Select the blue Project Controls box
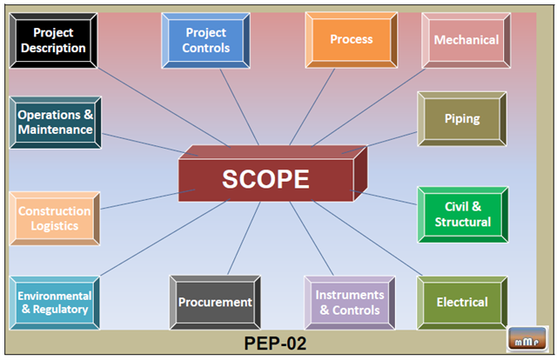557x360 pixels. (x=205, y=40)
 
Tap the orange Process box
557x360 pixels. (x=351, y=40)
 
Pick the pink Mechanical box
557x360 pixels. (x=466, y=40)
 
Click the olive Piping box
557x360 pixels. (x=461, y=118)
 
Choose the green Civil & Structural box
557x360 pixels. (x=461, y=214)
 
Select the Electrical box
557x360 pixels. (x=461, y=303)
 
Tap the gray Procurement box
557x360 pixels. (x=215, y=303)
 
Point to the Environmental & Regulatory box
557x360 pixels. (x=53, y=303)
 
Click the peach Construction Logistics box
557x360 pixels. (x=54, y=218)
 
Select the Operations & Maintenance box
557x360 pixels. (x=55, y=123)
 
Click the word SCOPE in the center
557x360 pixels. (x=265, y=179)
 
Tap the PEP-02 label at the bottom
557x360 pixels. (x=274, y=343)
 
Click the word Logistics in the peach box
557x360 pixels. (x=54, y=226)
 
